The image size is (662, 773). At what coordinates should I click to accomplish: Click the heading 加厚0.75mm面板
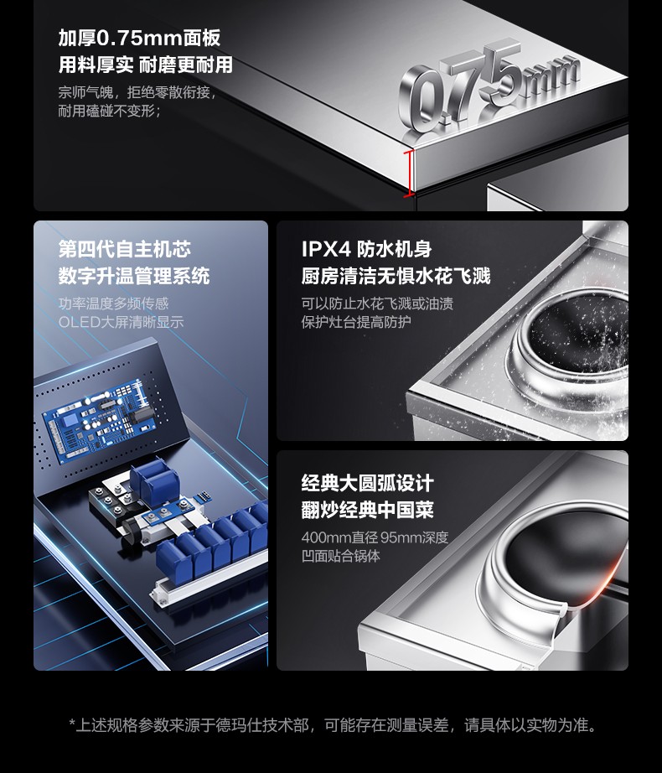pos(139,38)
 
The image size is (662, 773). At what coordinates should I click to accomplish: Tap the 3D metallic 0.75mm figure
pos(488,89)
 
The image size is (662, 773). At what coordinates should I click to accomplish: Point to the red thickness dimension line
pos(408,174)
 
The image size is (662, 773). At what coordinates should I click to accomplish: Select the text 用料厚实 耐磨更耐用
pos(145,65)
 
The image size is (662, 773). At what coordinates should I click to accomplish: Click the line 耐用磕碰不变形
pos(109,111)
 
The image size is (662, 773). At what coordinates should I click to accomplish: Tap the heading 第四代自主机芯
pos(125,249)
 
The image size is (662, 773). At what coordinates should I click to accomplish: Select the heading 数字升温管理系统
pos(134,276)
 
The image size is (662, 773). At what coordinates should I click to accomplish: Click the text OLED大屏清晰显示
pos(122,322)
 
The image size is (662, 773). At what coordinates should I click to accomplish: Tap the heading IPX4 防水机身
pos(366,249)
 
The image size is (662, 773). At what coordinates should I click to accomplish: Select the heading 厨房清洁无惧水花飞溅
pos(396,276)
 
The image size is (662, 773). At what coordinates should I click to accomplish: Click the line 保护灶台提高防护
pos(356,322)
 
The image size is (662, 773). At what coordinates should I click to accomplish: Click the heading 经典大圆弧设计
pos(367,483)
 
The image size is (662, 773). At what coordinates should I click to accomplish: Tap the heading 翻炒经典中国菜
pos(367,510)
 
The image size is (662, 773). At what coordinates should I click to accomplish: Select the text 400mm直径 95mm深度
pos(375,537)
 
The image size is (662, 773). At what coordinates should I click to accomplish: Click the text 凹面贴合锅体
pos(341,556)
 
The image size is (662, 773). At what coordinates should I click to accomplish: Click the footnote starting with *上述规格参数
pos(333,724)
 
